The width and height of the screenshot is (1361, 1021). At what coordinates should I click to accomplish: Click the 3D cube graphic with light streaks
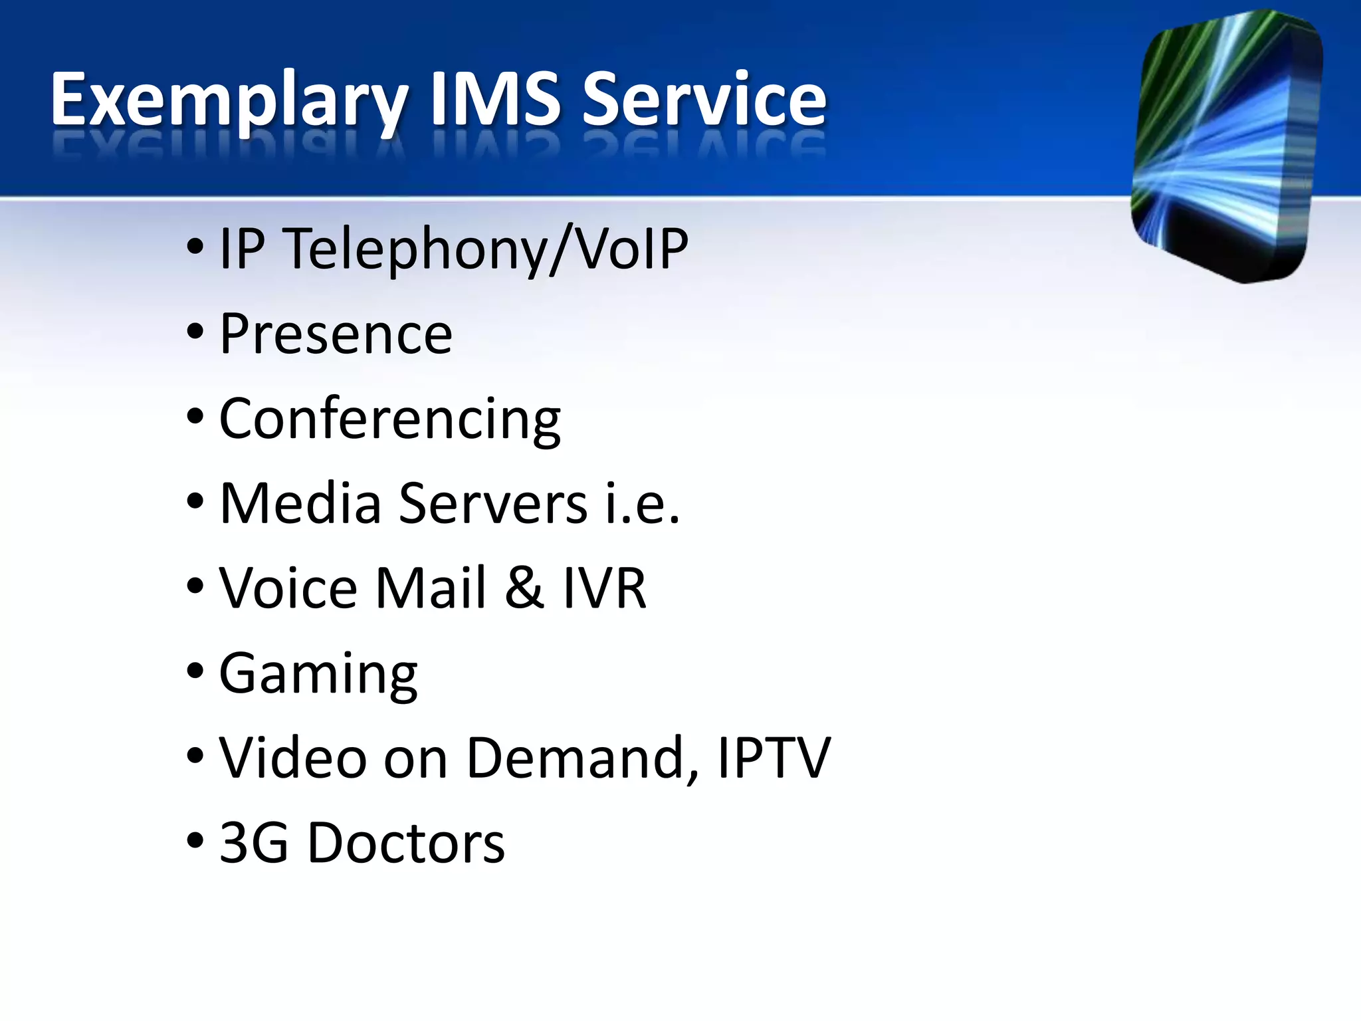click(1226, 146)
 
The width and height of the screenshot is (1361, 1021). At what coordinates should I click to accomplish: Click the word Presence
click(336, 334)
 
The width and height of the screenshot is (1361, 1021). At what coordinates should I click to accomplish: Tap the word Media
click(300, 503)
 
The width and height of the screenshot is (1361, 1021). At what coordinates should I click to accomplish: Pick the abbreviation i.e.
click(643, 503)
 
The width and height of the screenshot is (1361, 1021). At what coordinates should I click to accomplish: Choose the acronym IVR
click(605, 588)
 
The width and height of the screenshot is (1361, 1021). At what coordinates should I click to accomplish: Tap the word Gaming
click(318, 674)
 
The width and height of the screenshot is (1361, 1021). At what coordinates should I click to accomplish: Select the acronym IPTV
click(774, 758)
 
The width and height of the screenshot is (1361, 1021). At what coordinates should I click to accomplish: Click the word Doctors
click(406, 843)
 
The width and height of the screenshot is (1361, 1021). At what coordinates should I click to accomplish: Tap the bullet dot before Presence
click(195, 331)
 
